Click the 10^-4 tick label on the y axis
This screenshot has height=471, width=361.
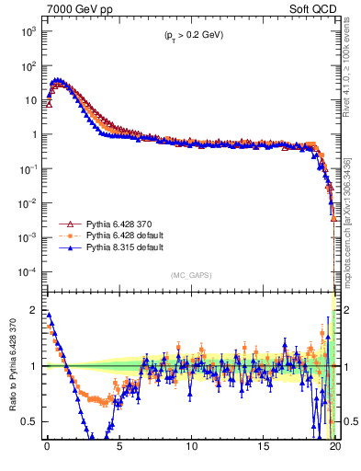point(28,272)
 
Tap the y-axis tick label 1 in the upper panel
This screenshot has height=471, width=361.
point(32,134)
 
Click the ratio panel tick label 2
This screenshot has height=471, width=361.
point(33,310)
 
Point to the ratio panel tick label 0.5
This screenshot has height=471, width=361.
point(29,421)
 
